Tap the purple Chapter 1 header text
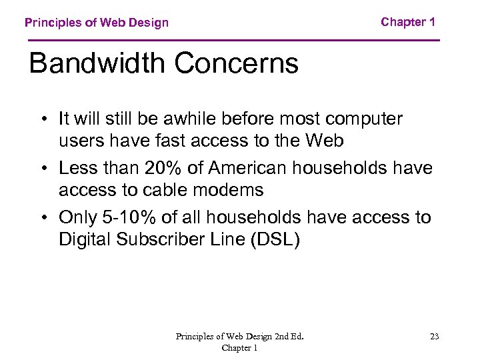click(408, 22)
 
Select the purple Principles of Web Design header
click(97, 23)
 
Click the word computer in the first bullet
click(364, 119)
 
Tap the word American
click(255, 168)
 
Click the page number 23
click(434, 337)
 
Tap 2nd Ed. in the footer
click(288, 337)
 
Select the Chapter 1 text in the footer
click(239, 348)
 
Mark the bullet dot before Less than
click(42, 169)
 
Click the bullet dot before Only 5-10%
click(42, 218)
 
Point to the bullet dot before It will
click(42, 119)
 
